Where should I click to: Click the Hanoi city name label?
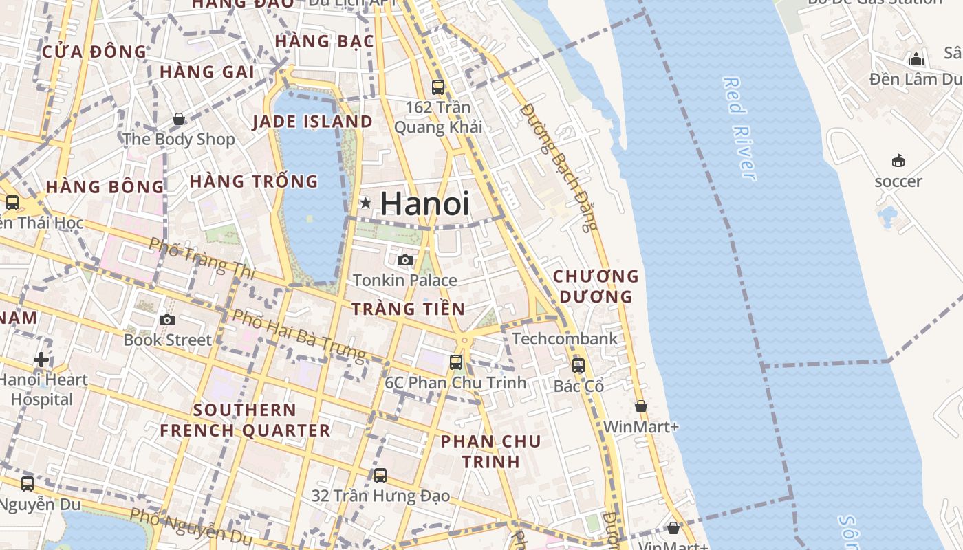point(424,204)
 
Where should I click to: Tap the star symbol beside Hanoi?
point(366,203)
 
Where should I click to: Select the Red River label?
point(739,129)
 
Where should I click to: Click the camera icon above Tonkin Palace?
point(405,260)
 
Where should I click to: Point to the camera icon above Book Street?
point(166,320)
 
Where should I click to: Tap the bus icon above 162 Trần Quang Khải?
point(438,87)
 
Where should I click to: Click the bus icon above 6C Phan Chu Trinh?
point(456,362)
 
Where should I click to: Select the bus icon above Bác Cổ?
point(578,365)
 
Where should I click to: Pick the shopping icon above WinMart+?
point(640,406)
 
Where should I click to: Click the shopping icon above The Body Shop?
point(179,119)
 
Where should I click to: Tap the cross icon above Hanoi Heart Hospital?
point(41,359)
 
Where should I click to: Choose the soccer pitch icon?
point(898,161)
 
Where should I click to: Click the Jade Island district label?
point(312,122)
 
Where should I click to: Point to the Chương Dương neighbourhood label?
point(596,286)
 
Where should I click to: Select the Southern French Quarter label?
point(245,420)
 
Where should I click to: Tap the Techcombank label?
point(565,338)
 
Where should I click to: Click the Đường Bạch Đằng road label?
point(559,167)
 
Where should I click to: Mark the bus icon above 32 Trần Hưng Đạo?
point(380,475)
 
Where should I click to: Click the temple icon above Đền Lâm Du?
point(916,60)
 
